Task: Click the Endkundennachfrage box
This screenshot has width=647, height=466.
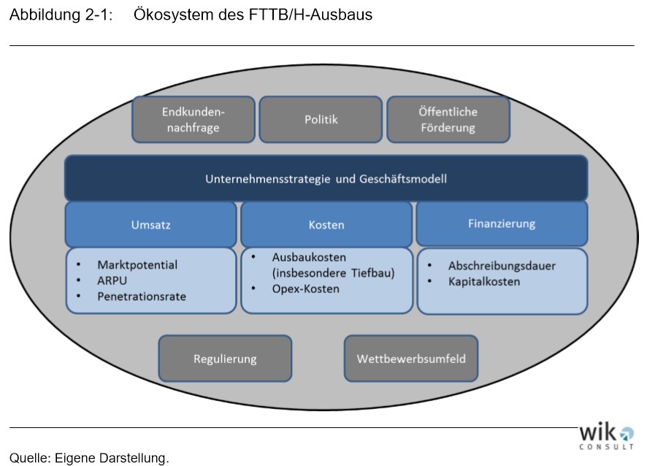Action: tap(194, 120)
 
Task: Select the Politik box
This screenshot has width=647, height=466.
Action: tap(321, 120)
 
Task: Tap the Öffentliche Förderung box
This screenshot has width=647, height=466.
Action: tap(448, 120)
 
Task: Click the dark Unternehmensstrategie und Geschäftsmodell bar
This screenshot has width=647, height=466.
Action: tap(326, 178)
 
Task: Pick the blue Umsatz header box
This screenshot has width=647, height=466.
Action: tap(150, 224)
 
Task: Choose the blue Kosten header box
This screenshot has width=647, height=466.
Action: tap(326, 224)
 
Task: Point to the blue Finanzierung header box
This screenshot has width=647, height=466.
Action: tap(502, 224)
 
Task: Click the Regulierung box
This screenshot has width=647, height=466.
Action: tap(225, 359)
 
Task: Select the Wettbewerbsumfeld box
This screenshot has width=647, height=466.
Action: tap(411, 359)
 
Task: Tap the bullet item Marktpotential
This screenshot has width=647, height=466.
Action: tap(137, 264)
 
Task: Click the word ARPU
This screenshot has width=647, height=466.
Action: tap(112, 280)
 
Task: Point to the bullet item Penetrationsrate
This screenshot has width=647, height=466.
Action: tap(142, 297)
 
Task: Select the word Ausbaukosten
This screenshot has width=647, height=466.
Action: tap(309, 257)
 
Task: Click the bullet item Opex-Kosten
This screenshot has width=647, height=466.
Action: tap(305, 289)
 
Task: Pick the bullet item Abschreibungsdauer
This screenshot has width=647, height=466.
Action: tap(502, 266)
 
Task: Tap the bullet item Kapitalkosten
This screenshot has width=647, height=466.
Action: tap(484, 281)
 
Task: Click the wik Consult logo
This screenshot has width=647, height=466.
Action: tap(606, 436)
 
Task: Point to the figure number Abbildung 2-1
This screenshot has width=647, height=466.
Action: tap(61, 15)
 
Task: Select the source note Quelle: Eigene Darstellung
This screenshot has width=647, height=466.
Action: tap(89, 458)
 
